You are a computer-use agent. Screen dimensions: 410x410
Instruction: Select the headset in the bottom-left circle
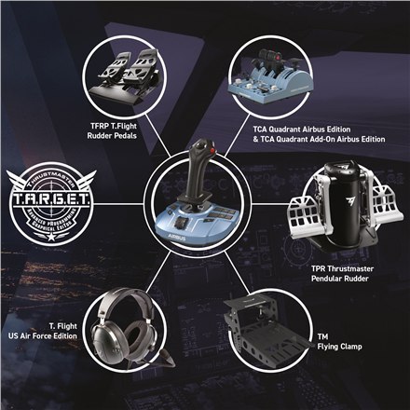tap(121, 328)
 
